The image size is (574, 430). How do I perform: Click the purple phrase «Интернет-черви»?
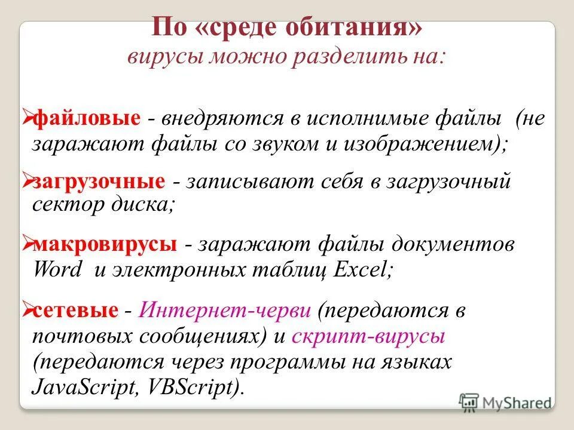pos(225,311)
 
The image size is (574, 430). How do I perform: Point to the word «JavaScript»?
pos(83,387)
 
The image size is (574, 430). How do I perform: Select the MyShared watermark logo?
pos(505,401)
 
